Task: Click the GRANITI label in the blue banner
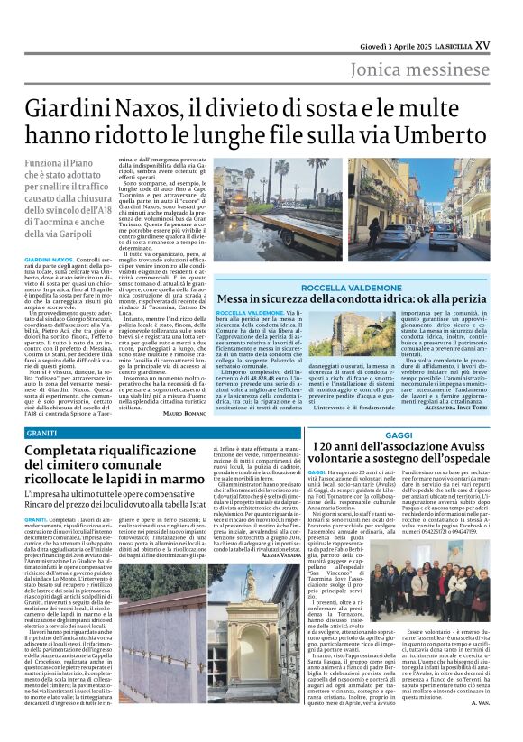(x=41, y=435)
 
